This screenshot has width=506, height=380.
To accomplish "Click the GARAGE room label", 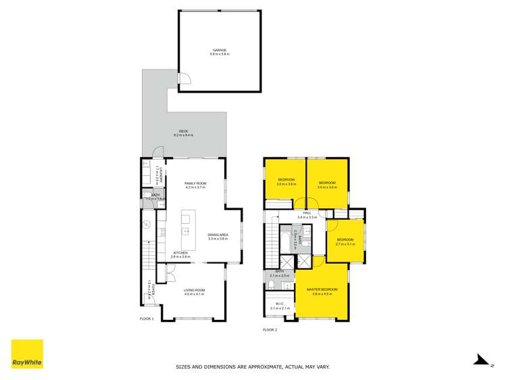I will (218, 49).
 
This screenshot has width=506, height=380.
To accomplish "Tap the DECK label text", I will (183, 131).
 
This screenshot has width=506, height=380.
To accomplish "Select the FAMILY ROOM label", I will (195, 183).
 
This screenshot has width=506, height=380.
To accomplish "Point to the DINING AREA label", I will (218, 235).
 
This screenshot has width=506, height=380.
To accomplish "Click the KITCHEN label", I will (180, 253).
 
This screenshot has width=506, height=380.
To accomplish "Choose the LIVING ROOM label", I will (195, 290).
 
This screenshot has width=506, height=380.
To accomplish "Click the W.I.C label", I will (279, 304).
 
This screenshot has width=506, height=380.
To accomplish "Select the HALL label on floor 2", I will (307, 213).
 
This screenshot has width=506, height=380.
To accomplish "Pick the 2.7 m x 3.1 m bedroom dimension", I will (345, 244).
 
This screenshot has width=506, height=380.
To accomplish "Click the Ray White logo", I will (27, 354).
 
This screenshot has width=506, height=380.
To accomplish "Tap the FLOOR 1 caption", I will (147, 318).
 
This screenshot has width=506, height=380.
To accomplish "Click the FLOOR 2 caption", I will (270, 330).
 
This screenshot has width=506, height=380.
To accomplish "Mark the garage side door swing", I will (184, 81).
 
